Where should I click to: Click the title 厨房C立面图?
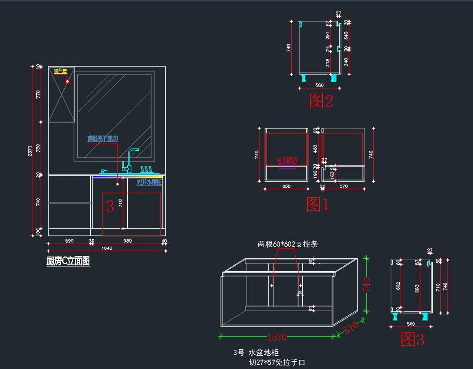(x=68, y=261)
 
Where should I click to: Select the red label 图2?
(x=321, y=101)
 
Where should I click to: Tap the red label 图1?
(x=317, y=204)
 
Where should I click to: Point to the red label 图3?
(x=412, y=339)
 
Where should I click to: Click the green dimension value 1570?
(x=277, y=337)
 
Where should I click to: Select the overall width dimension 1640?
(x=106, y=248)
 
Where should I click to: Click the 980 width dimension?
(x=127, y=241)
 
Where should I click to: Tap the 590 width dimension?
(x=69, y=241)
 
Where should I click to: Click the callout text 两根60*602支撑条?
(x=287, y=244)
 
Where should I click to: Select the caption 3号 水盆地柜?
(x=256, y=352)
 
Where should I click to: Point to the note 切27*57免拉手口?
(x=277, y=362)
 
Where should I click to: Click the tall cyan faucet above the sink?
(x=130, y=159)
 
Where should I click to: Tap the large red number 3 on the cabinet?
(x=110, y=206)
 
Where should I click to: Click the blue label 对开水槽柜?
(x=149, y=182)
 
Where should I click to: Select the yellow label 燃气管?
(x=60, y=71)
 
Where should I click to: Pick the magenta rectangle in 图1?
(x=287, y=166)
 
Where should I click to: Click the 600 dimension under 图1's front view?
(x=287, y=186)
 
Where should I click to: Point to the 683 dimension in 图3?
(x=417, y=288)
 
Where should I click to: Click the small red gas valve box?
(x=67, y=82)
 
